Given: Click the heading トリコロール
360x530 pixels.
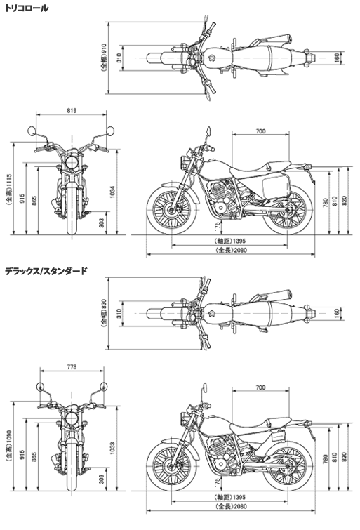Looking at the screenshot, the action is click(x=27, y=8).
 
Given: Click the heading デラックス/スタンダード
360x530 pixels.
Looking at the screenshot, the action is click(x=46, y=271).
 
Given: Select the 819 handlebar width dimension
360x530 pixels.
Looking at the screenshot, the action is click(x=72, y=110).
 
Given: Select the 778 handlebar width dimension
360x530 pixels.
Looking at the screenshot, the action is click(x=72, y=366).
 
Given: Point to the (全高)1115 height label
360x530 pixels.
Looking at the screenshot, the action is click(x=9, y=190).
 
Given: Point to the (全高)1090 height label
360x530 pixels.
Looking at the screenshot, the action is click(x=9, y=446).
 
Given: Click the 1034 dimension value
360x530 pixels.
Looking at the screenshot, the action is click(x=112, y=192).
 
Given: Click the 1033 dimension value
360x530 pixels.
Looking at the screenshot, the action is click(x=112, y=448).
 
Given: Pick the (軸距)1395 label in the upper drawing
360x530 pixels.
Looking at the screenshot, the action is click(x=230, y=241).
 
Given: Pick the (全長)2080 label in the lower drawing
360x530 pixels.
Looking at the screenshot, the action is click(x=231, y=506).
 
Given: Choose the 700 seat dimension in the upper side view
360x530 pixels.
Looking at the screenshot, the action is click(x=260, y=131).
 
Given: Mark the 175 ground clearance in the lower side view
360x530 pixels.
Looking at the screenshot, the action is click(x=218, y=482).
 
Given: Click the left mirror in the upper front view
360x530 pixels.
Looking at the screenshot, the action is click(x=32, y=131).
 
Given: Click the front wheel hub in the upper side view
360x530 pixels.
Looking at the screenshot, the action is click(x=172, y=211).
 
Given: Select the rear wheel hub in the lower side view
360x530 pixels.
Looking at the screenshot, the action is click(x=288, y=468).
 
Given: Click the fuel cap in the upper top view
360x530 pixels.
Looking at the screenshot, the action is click(x=212, y=58).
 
